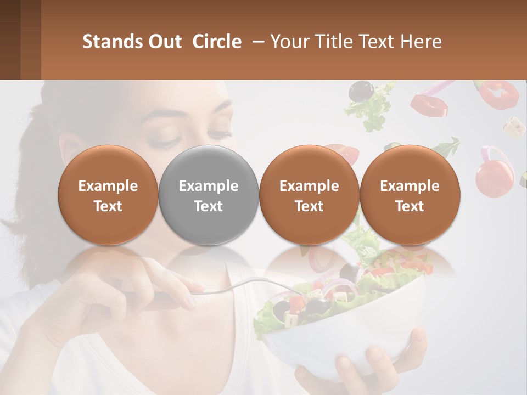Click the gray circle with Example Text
(x=209, y=195)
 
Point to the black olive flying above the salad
(x=360, y=91)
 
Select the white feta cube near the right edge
(x=514, y=126)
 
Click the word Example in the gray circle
(x=209, y=186)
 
